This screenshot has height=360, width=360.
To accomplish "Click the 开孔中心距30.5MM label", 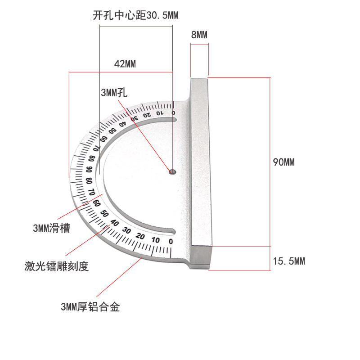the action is point(135,15).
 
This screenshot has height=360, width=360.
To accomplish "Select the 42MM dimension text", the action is point(125,63).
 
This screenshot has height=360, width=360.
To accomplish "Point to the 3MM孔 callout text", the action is point(114,93).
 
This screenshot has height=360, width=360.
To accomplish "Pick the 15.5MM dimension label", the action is point(289,261).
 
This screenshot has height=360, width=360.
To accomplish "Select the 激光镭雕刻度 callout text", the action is point(57,266).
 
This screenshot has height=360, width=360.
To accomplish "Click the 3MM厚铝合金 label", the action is point(90,308).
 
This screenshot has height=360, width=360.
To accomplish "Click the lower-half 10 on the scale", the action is point(156,240).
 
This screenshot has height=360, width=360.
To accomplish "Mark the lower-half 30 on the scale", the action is point(127,230).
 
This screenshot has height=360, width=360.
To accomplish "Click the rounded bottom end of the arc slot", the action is point(173,232).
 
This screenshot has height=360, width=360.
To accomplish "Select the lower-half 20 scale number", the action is point(141,237).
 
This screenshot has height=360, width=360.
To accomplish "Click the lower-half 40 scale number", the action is point(114,223).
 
